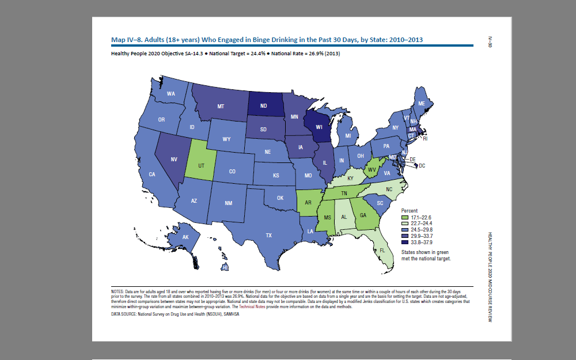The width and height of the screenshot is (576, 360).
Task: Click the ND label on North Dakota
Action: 263,106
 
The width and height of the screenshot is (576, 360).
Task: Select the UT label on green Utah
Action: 201,165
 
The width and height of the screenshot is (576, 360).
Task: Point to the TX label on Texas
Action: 268,235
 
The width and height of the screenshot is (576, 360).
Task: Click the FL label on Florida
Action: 382,251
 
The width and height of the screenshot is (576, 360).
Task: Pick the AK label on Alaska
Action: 185,237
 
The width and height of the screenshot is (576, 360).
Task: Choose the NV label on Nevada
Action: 173,160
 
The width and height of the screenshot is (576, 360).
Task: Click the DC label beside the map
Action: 422,166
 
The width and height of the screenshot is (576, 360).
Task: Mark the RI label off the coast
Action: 426,139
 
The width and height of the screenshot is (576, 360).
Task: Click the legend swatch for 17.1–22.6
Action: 404,217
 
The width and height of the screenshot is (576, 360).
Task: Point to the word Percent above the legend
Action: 410,211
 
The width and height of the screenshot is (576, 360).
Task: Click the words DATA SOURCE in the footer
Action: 123,314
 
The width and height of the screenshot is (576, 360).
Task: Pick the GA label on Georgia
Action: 363,215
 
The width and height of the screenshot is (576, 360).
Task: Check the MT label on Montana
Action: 221,107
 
